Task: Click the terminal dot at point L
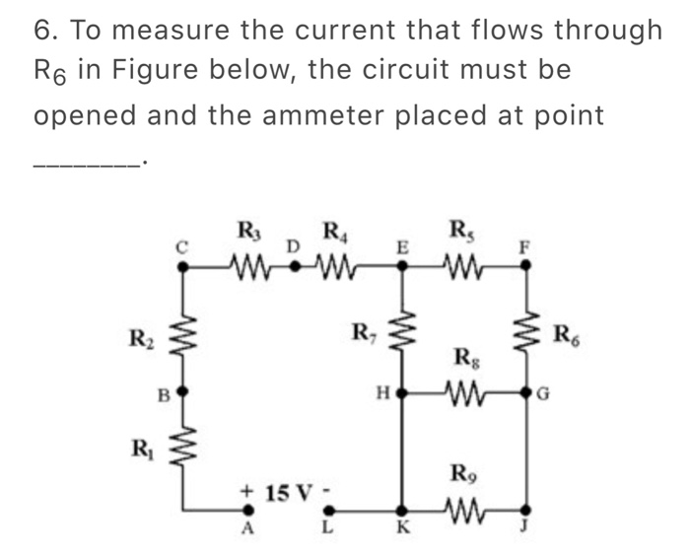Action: (x=330, y=511)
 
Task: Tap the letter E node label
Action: (x=401, y=248)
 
